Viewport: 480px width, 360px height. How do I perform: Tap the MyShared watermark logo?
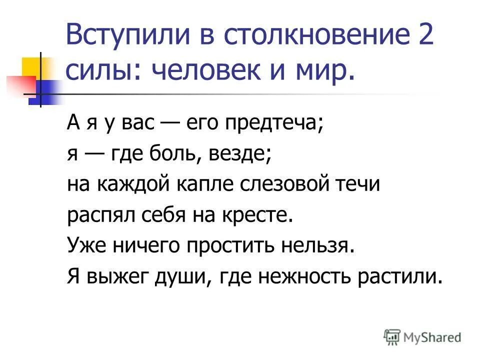[422, 337]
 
